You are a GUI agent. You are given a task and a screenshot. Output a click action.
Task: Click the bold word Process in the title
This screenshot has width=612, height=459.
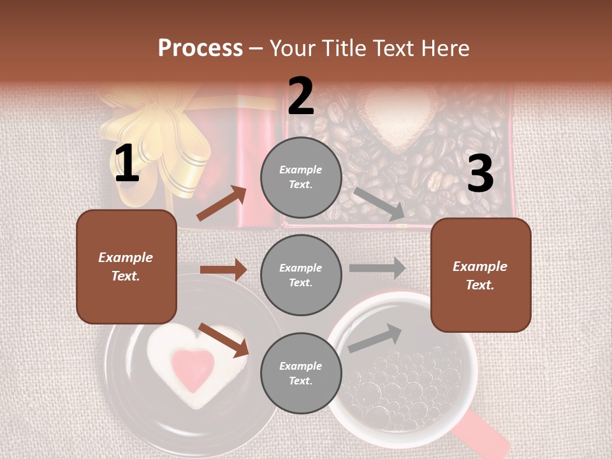tap(200, 48)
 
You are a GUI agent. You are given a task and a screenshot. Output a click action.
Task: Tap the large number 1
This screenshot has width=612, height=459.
tap(126, 163)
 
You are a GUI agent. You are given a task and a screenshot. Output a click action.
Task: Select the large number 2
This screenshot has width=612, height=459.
tap(301, 96)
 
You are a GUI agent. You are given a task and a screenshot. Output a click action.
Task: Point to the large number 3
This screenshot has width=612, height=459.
tap(480, 173)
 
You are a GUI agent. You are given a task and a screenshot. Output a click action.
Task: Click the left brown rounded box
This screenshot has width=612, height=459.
tap(126, 266)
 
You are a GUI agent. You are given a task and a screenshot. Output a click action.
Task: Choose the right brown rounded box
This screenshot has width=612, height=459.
tap(481, 275)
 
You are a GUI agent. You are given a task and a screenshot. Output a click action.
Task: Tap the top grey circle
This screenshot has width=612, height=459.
tap(301, 177)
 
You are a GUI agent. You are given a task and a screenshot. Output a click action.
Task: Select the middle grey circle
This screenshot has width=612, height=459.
tap(301, 275)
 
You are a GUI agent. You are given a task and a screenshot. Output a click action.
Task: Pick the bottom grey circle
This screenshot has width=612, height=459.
tap(301, 373)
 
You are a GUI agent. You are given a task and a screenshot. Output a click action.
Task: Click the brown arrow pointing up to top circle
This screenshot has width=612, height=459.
tap(221, 203)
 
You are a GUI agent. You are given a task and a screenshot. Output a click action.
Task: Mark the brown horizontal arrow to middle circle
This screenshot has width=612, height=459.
tap(223, 270)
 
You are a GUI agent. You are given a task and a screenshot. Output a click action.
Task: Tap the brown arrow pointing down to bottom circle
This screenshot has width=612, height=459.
tap(223, 340)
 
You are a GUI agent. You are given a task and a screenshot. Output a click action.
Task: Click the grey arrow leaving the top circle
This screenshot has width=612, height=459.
tap(379, 203)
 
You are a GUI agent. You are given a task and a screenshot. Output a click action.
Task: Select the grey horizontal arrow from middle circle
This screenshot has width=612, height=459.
tap(377, 268)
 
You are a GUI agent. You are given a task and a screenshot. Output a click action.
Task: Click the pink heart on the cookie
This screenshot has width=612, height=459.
tap(194, 369)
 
